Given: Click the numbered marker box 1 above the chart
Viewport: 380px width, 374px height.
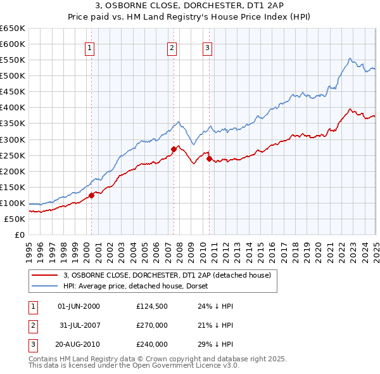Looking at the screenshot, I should point(89,47).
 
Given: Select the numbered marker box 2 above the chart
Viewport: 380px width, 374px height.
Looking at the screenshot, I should point(172,47).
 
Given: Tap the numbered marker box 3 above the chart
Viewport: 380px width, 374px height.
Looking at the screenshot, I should point(207,47).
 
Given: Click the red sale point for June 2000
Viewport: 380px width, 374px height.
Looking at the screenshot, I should point(91,195).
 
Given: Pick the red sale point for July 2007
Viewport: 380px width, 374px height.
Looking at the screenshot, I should point(174,149).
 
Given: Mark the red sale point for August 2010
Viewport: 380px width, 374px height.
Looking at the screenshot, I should point(209,158).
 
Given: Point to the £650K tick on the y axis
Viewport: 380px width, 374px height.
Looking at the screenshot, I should point(13,29).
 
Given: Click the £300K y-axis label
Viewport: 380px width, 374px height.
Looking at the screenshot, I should point(13,139).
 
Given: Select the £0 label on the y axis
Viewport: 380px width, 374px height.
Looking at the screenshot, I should point(21,235).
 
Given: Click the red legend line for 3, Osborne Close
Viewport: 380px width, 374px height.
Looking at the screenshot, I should point(45,275).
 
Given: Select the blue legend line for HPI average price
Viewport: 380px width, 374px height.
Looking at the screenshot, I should point(45,286).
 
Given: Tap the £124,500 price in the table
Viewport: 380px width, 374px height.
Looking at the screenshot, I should point(152,306).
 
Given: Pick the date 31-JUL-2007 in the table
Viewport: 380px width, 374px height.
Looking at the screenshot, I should point(79,325).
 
